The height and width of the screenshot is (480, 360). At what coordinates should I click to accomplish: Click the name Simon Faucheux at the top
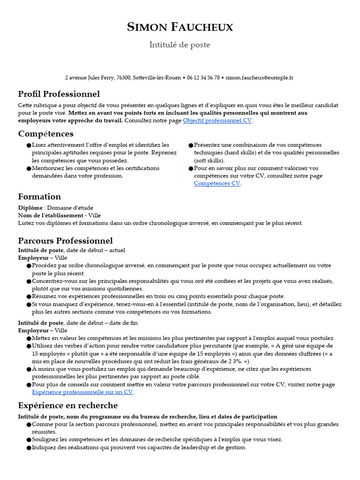point(180,28)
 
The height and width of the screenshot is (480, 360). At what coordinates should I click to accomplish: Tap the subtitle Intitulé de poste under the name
point(180,45)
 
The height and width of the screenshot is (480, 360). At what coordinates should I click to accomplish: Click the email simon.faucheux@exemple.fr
point(259,78)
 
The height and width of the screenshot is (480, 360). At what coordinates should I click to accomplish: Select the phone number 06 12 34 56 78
point(203,78)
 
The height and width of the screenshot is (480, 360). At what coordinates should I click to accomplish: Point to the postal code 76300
point(123,78)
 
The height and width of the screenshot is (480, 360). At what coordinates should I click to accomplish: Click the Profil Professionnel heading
point(59,94)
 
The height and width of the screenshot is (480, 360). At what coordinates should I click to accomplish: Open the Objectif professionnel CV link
point(217,120)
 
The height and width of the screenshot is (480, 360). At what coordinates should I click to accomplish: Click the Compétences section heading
point(45,134)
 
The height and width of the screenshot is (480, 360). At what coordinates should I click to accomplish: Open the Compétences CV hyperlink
point(217,184)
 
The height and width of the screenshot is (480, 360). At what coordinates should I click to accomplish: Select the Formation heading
point(39,197)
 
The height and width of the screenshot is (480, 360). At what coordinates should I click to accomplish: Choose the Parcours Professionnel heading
point(65,241)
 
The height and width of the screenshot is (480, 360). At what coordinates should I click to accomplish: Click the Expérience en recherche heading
point(67,405)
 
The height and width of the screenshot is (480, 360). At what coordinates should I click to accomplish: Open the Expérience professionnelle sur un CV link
point(82,392)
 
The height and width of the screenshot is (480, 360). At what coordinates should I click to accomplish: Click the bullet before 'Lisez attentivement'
point(29,146)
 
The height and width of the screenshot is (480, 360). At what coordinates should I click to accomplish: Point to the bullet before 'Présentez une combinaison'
point(191,146)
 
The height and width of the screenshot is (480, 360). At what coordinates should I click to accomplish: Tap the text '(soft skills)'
point(209,160)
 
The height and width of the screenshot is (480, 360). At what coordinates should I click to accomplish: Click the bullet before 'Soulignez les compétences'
point(29,440)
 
